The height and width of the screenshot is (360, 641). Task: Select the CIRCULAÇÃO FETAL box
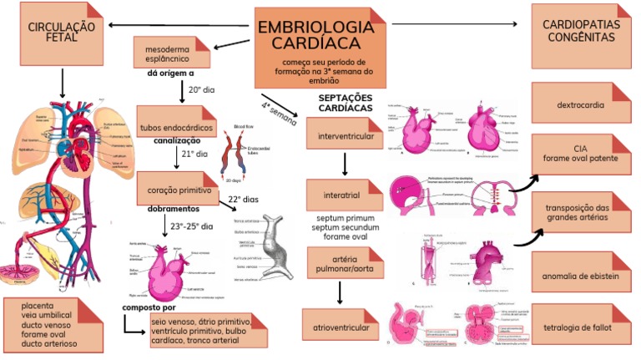(61, 33)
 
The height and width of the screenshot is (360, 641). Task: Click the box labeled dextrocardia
(581, 105)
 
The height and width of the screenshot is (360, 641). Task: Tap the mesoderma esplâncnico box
(174, 53)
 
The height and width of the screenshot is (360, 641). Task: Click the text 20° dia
(201, 89)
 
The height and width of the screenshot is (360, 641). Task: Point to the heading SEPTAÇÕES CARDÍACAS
(346, 104)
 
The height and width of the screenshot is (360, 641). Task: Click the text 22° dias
(244, 200)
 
